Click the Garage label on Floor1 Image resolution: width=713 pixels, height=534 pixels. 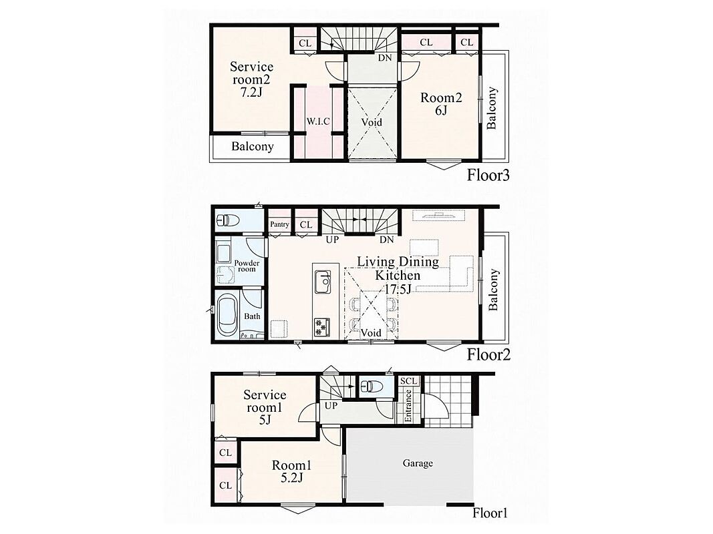418,464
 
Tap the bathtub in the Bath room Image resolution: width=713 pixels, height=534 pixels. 227,315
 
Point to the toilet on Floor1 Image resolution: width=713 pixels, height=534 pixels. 371,386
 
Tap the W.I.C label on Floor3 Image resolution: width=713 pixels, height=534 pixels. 318,121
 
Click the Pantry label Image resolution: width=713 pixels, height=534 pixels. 279,224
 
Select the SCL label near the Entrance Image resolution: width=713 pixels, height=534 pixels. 409,381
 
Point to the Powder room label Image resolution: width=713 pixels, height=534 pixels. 247,266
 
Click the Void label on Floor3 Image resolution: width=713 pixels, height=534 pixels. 372,122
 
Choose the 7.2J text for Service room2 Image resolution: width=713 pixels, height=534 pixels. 251,93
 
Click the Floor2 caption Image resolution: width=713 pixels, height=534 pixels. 488,354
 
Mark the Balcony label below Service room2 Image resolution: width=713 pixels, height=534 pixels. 253,146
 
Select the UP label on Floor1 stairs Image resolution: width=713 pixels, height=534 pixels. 331,405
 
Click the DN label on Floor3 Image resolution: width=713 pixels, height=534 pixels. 385,58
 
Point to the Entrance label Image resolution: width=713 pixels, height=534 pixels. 408,405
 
